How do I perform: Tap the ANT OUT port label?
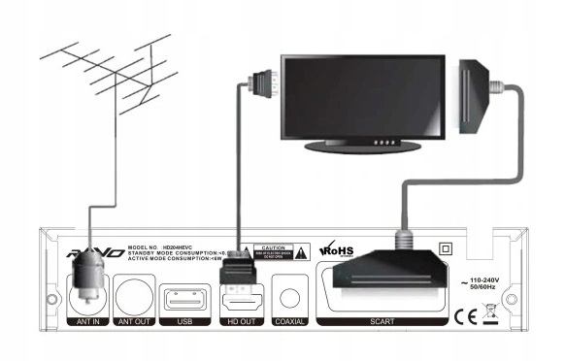(134, 319)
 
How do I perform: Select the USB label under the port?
(182, 319)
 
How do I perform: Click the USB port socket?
(182, 293)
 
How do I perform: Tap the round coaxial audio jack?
(287, 292)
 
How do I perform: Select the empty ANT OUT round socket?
(134, 290)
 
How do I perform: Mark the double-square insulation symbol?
(447, 247)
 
